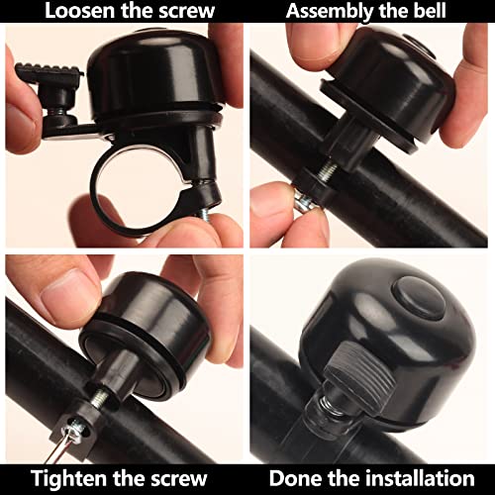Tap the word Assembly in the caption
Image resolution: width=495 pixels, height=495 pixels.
[330, 12]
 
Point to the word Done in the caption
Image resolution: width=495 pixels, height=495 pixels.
[294, 478]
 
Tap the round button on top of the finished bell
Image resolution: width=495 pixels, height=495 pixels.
[419, 299]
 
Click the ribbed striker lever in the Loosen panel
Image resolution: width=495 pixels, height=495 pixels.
[49, 72]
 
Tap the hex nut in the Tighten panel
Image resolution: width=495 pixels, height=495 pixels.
[73, 430]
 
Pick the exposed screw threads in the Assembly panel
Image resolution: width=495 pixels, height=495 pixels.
[327, 171]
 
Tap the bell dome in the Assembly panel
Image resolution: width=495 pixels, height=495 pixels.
[393, 82]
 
